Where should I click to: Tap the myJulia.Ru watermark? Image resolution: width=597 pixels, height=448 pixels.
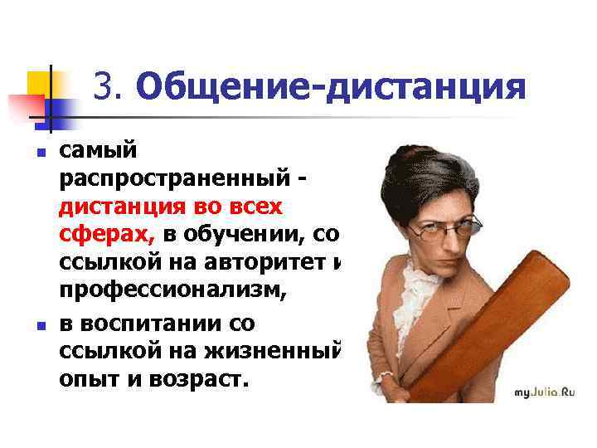(544, 392)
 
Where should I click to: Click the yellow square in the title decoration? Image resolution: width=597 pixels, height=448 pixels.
(41, 83)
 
